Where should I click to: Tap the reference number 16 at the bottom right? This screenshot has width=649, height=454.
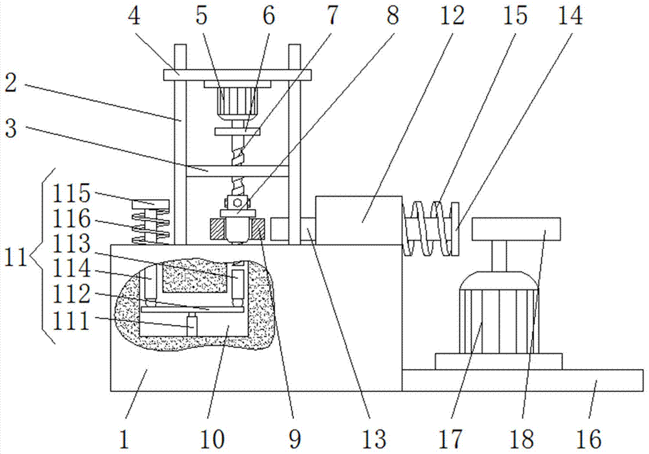pos(589,438)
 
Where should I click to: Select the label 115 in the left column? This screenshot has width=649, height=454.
pos(71,193)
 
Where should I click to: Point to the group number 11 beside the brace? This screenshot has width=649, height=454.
pos(16,257)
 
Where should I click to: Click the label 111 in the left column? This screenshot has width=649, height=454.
pos(71,320)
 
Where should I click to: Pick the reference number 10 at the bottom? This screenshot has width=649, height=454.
pos(212,438)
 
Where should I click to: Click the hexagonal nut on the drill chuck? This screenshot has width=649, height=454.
pos(237,202)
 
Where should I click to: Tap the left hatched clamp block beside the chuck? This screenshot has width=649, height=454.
pos(217,230)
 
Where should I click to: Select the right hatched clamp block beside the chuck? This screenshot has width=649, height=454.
pos(257,230)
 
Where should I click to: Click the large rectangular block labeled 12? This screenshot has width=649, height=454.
pos(358,221)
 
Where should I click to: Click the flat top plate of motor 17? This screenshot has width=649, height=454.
pos(516,229)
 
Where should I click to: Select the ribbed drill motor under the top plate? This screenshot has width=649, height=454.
pos(237,101)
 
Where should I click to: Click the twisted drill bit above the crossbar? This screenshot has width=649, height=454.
pos(237,151)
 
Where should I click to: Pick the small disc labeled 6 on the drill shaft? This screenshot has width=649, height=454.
pos(237,132)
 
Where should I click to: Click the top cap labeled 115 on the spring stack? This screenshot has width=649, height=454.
pos(151,205)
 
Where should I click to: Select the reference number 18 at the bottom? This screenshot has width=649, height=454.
pos(522,438)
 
